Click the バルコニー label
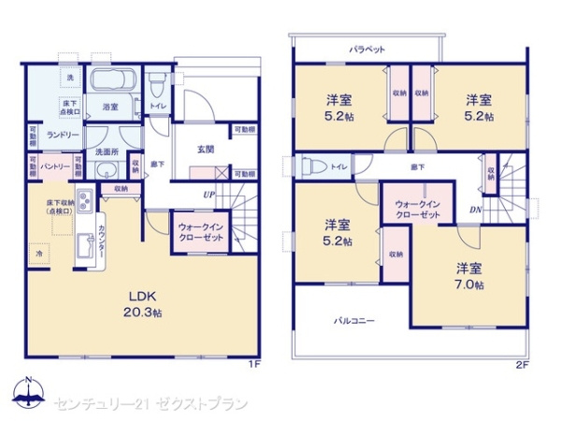click(354, 321)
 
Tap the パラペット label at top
click(367, 48)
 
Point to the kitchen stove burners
click(82, 200)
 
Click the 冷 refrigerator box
click(39, 253)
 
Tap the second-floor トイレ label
click(338, 167)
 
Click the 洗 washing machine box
click(69, 78)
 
